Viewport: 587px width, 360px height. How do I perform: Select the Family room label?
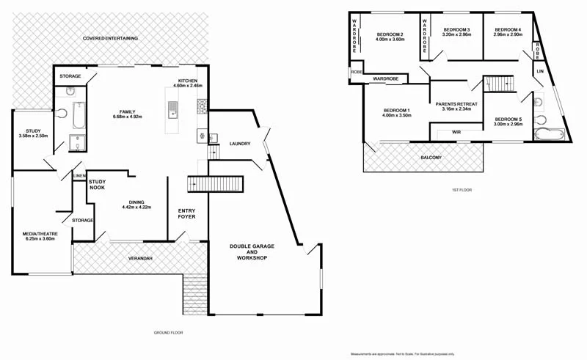pos(128,114)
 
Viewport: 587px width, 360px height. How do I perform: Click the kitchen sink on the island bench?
pos(172,110)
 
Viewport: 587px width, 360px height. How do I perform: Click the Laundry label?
pos(241,144)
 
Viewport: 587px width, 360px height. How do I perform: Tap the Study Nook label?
pos(98,184)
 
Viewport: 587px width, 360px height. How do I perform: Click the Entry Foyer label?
pos(187,213)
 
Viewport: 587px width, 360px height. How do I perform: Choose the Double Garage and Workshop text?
pos(247,252)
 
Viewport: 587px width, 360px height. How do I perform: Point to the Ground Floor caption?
pos(167,333)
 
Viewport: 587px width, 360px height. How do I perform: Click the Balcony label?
pos(431,158)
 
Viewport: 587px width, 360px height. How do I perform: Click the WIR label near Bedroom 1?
pos(456,133)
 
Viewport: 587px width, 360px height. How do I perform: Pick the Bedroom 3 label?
pos(456,32)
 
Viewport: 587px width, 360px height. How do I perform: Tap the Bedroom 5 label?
pos(507,122)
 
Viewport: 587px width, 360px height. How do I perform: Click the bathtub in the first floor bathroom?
pos(549,134)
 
